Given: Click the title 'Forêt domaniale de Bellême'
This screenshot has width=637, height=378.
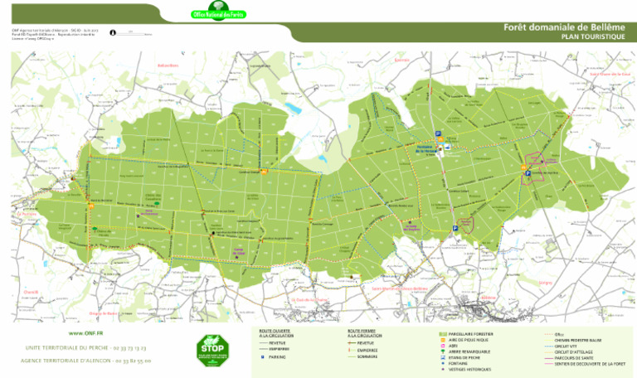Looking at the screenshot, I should pyautogui.click(x=563, y=27).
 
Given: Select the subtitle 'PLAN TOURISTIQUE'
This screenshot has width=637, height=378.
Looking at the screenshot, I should pyautogui.click(x=592, y=37).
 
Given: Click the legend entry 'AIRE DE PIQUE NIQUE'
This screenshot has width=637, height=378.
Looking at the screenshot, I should pyautogui.click(x=469, y=340).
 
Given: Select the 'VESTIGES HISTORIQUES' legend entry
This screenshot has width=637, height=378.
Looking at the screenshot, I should pyautogui.click(x=469, y=370).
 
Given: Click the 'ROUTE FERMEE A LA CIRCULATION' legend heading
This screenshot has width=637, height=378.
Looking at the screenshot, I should pyautogui.click(x=365, y=332).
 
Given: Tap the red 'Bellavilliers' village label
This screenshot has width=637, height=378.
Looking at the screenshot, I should pyautogui.click(x=168, y=65).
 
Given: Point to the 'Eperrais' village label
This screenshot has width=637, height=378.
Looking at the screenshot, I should pyautogui.click(x=402, y=61).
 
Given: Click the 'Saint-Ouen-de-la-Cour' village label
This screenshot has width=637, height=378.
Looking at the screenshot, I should pyautogui.click(x=610, y=74).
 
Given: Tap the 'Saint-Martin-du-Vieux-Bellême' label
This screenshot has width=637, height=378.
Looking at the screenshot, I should pyautogui.click(x=399, y=288).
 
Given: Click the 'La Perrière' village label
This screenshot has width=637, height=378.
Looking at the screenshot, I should pyautogui.click(x=27, y=213).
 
